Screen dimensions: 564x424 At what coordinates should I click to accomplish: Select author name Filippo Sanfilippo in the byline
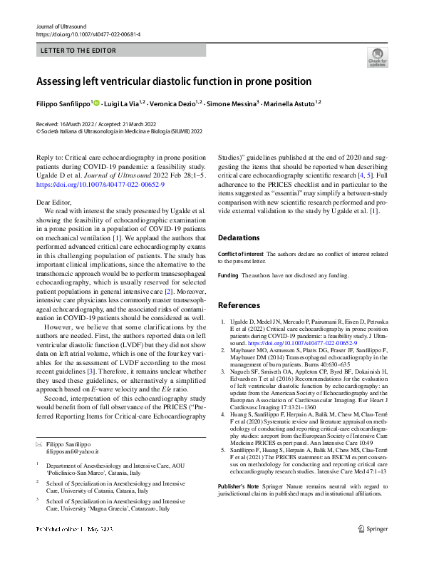coord(63,103)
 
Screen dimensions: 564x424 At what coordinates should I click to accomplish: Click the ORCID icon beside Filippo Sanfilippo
coord(96,103)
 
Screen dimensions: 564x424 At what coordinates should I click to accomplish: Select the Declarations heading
coord(239,237)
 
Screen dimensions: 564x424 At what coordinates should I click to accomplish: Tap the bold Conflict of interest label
coord(241,253)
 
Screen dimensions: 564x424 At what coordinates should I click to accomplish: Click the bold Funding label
coord(228,275)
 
